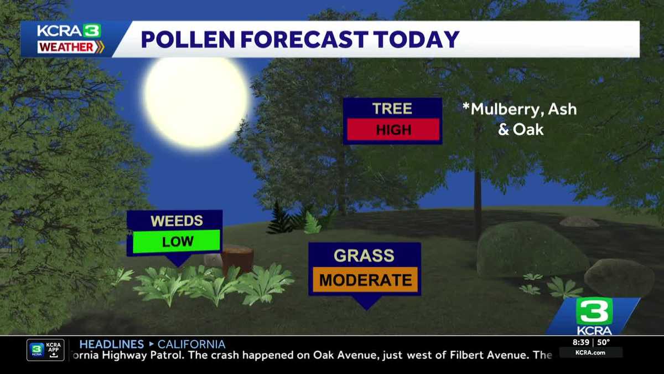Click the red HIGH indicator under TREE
point(393,130)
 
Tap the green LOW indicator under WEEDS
point(177,241)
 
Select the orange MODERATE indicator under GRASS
point(365,280)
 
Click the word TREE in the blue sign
point(392,109)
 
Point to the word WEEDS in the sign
point(177,221)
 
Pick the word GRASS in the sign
point(364,255)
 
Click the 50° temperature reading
point(603,342)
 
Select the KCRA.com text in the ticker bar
point(590,352)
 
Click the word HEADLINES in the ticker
point(111,344)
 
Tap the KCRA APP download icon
point(45,350)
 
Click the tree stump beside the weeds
point(238,259)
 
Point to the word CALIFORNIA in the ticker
point(191,344)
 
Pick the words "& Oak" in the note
point(521,130)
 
